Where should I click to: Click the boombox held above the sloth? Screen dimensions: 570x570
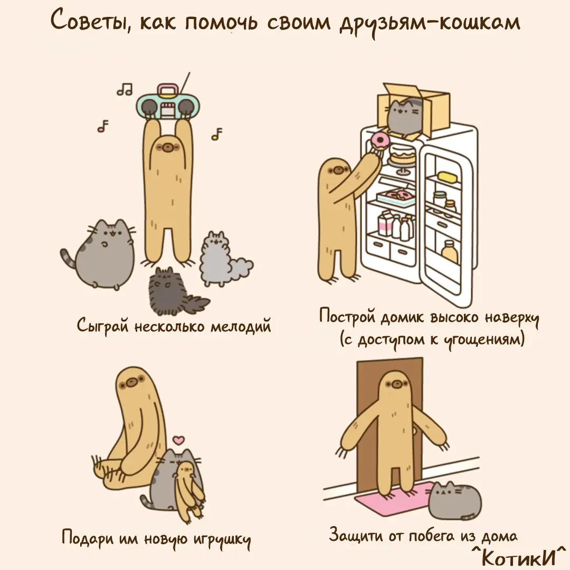(168, 102)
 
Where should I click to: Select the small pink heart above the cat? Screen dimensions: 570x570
(178, 440)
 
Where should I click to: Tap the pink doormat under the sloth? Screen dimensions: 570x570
(394, 499)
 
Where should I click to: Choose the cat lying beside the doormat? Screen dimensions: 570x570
(454, 499)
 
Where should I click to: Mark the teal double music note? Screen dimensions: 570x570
(125, 89)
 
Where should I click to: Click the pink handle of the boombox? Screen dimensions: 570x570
(168, 89)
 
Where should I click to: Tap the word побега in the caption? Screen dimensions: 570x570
(432, 536)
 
